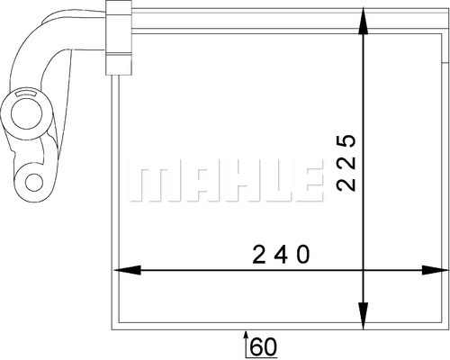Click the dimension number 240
pos(281,255)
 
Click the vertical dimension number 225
pos(346,163)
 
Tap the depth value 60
pos(264,347)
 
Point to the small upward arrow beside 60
pos(247,345)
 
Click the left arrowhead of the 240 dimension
pos(127,270)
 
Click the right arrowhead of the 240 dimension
pos(435,270)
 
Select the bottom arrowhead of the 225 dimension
pos(364,316)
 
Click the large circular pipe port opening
pos(27,113)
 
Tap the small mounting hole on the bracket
pos(34,183)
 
